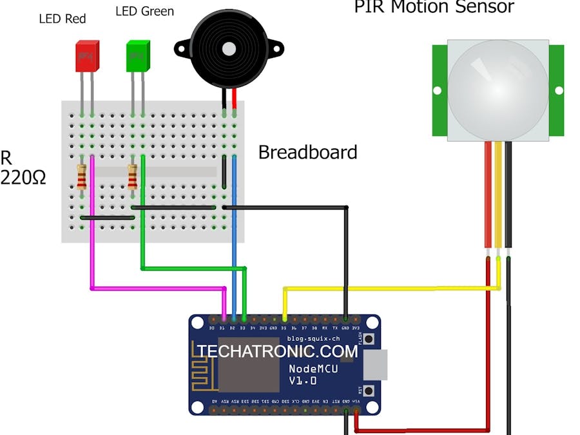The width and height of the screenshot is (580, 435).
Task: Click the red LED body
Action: pos(87,57)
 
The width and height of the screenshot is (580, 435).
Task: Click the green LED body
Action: pos(137,56)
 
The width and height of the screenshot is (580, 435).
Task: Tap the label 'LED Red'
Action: pos(63,18)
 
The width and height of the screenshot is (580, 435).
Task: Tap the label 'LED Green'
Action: pos(144,12)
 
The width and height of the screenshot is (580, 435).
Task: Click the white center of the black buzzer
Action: pos(228,48)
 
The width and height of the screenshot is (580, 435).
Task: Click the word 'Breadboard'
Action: pos(307,153)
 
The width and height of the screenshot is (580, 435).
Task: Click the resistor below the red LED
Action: pos(82,177)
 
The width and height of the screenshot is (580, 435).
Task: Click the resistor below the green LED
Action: pos(133,177)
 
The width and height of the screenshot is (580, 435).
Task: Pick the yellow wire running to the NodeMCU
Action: pos(387,288)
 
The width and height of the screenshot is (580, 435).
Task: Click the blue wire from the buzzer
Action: pos(234,258)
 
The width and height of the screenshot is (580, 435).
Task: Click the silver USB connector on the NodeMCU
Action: pos(376,365)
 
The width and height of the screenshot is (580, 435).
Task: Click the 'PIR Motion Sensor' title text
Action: pos(434,7)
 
